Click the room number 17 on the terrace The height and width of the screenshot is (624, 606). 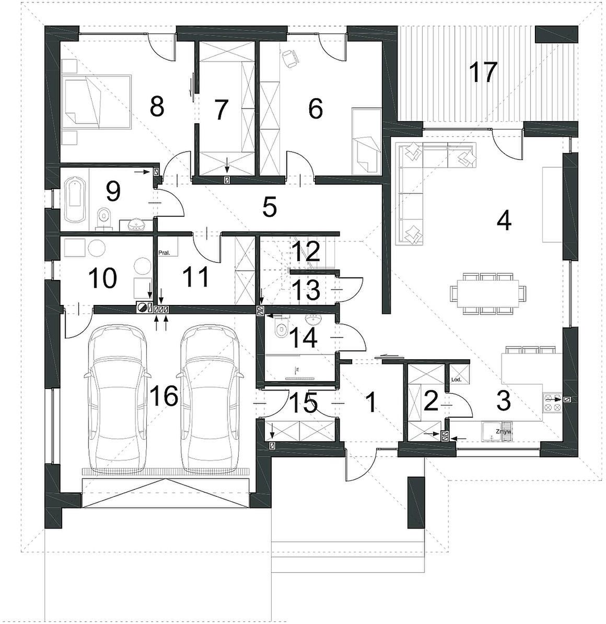(483, 72)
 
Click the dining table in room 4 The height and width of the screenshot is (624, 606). (488, 293)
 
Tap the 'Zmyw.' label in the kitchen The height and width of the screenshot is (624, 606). (503, 431)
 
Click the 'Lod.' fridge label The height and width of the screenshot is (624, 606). (456, 380)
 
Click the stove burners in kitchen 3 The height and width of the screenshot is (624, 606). (552, 402)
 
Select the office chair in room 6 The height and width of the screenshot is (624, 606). (290, 59)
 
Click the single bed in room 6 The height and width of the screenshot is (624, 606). (366, 142)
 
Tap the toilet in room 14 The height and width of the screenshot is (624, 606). (282, 329)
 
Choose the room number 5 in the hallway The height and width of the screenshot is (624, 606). (269, 207)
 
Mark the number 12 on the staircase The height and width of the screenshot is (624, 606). (306, 251)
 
